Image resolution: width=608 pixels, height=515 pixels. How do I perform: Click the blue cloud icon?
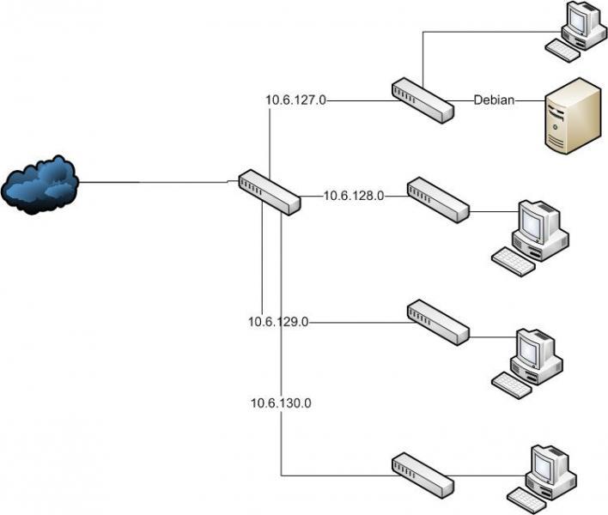click(x=40, y=184)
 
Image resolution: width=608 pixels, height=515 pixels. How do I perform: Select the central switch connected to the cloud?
click(x=269, y=191)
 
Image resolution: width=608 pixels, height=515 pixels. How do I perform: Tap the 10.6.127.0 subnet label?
click(x=296, y=100)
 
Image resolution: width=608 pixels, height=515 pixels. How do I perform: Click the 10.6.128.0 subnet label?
click(x=353, y=196)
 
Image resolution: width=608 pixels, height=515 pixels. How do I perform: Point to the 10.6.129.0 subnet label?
click(x=278, y=322)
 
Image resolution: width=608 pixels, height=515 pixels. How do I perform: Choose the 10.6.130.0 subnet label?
click(x=281, y=402)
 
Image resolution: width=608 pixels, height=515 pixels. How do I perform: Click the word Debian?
click(x=494, y=100)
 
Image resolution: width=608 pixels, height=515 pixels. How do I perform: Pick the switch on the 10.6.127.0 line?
click(x=422, y=100)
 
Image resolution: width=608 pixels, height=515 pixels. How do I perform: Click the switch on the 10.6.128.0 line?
click(x=438, y=200)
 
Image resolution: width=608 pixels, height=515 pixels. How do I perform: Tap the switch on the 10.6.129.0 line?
click(x=438, y=322)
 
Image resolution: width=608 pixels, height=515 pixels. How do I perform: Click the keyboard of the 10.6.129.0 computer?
click(x=513, y=385)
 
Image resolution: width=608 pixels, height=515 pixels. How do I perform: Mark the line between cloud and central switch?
click(x=155, y=182)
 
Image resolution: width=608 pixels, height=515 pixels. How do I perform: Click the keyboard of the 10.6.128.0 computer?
click(x=513, y=259)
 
